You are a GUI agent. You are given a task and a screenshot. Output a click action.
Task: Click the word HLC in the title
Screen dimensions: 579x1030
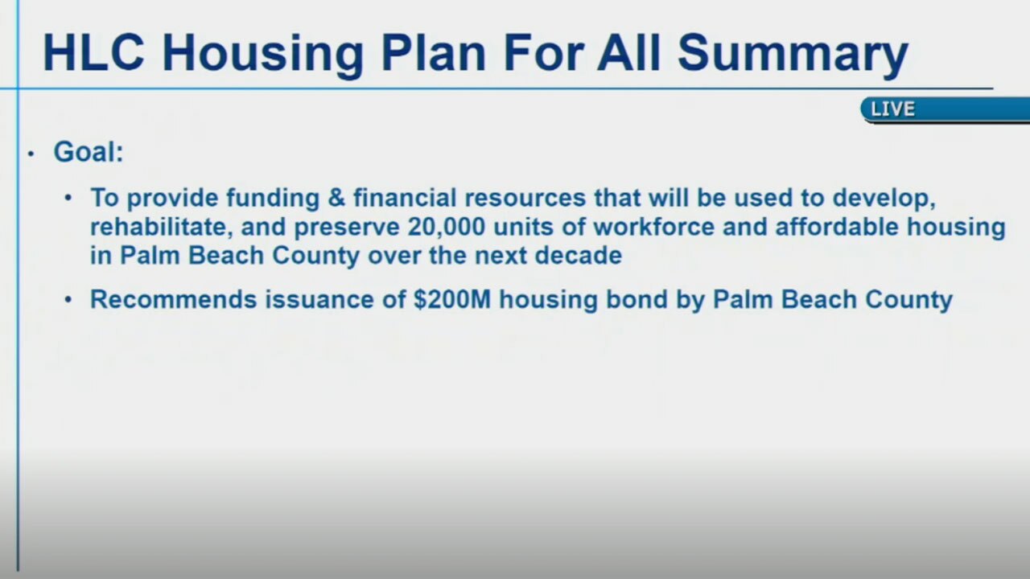pyautogui.click(x=95, y=52)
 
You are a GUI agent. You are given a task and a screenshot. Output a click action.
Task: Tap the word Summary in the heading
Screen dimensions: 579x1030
pyautogui.click(x=793, y=52)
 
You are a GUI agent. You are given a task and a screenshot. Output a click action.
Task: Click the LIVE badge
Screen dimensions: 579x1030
pyautogui.click(x=893, y=109)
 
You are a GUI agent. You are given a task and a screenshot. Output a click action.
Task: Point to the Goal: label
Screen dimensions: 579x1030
pyautogui.click(x=89, y=151)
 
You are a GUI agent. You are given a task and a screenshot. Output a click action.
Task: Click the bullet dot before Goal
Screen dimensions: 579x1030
pyautogui.click(x=31, y=153)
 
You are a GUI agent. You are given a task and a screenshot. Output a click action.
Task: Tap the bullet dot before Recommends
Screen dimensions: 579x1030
pyautogui.click(x=69, y=301)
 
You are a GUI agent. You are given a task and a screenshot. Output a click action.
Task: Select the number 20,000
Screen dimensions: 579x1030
pyautogui.click(x=447, y=227)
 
